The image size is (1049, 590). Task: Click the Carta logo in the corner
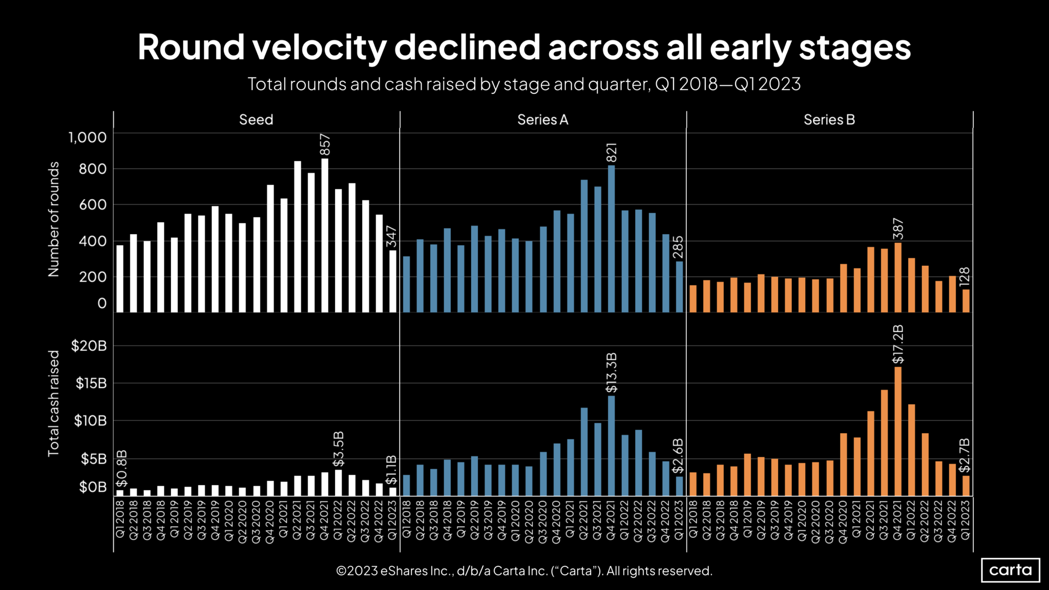coord(1010,570)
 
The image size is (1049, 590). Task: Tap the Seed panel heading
coord(256,120)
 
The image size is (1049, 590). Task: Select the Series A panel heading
coord(542,120)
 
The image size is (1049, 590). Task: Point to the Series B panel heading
coord(829,120)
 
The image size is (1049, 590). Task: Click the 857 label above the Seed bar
coord(325,144)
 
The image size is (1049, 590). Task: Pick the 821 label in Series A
coord(611,153)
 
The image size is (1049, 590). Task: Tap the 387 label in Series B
coord(898,229)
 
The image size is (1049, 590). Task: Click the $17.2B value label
coord(898,344)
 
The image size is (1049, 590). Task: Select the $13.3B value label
coord(611,373)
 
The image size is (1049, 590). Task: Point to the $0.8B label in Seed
coord(121,468)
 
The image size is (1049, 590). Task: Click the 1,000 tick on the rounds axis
coord(88,137)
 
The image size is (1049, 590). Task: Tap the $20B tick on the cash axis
coord(89,346)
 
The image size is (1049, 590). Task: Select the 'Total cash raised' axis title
coord(53,403)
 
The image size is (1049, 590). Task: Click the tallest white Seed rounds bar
coord(325,236)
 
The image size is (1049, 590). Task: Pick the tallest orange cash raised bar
coord(898,431)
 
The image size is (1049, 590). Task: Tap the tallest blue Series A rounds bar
coord(611,239)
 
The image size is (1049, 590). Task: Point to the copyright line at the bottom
coord(524,571)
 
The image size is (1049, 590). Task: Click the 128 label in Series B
coord(964,277)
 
